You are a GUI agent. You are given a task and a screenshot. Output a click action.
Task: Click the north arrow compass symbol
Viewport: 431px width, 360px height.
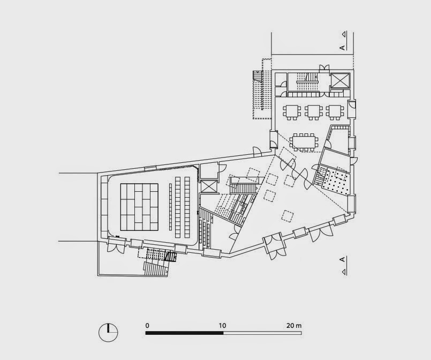coord(108,333)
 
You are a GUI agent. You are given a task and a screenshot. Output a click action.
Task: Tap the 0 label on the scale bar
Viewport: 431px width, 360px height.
coord(147,326)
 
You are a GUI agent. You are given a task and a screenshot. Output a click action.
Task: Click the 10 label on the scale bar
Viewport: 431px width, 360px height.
coord(222,326)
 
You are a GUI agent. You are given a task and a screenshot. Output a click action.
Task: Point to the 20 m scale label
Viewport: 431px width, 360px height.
coord(294,326)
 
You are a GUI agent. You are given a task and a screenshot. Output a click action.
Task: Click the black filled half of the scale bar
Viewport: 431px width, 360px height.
coord(184,333)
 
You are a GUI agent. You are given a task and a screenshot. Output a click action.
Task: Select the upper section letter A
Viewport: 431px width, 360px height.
coord(342,48)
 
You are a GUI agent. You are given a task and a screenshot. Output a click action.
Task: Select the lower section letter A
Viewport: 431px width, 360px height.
coord(342,259)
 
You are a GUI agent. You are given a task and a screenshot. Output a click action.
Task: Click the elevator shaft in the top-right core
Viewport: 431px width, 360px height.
coord(340,80)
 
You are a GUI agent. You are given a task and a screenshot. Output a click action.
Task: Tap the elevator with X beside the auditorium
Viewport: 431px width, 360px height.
coord(209,186)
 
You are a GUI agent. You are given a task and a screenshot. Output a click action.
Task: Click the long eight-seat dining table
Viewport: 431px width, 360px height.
coord(304,142)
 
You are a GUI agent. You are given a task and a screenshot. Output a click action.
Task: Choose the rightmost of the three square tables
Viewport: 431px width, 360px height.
coord(335,112)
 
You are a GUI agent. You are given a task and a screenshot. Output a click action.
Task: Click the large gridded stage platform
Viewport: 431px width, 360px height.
coord(139,207)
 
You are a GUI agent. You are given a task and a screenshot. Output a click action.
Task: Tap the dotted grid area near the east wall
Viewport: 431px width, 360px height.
coord(336,182)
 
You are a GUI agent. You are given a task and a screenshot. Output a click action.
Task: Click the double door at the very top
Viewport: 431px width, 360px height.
coord(324,67)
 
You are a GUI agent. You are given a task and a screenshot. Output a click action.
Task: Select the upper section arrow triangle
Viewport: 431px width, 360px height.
coord(344,34)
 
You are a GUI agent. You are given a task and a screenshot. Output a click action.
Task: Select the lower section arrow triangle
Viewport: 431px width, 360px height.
coord(344,272)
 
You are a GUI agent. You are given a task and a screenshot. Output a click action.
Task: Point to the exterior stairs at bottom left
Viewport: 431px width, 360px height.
coord(156,268)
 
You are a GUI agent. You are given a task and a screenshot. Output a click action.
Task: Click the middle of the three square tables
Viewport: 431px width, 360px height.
coord(313,112)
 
